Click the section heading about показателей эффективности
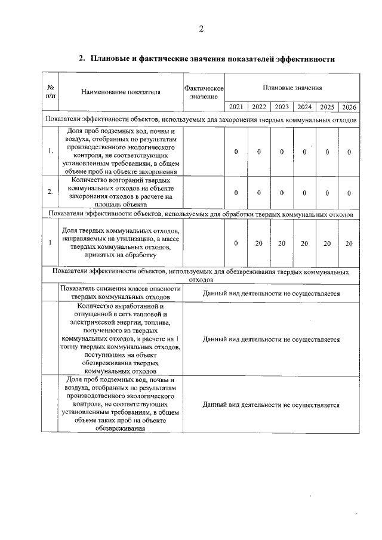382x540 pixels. click(x=207, y=59)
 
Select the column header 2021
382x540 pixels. click(x=236, y=107)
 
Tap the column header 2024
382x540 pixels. click(x=304, y=107)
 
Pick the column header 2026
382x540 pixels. click(x=349, y=107)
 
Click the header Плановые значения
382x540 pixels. click(x=292, y=88)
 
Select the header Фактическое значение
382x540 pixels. click(x=204, y=92)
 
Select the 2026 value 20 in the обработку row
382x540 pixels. click(x=349, y=243)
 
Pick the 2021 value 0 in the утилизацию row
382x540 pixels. click(x=236, y=243)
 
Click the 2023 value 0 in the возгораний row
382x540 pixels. click(x=282, y=192)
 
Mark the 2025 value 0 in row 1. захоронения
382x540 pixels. click(x=327, y=152)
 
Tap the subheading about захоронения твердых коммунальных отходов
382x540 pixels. click(x=201, y=120)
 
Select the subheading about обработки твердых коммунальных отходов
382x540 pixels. click(x=201, y=214)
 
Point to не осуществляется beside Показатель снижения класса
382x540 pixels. click(x=271, y=294)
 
